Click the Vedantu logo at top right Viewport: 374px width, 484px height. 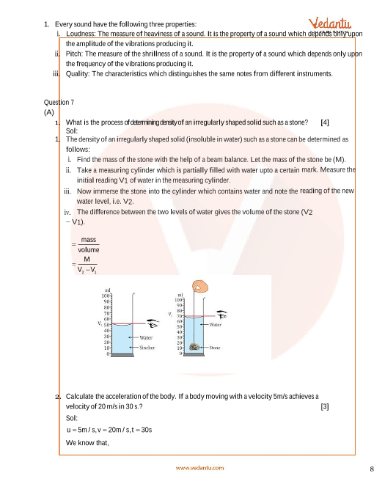(329, 24)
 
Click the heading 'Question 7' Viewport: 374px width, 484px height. (59, 102)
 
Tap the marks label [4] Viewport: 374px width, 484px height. (325, 122)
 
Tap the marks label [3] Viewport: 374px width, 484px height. (325, 406)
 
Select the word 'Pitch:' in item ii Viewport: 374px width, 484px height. (74, 54)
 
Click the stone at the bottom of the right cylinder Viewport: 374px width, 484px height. (194, 347)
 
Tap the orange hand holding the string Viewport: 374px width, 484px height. (200, 286)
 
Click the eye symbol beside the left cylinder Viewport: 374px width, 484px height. (153, 324)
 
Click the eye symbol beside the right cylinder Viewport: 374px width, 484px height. (221, 315)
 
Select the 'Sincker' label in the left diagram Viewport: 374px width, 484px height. (147, 348)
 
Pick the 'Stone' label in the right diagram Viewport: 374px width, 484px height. (215, 348)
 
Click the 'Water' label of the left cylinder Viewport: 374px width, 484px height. (146, 337)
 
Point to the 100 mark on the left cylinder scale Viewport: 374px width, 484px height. (106, 296)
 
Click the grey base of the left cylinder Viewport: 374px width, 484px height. (122, 355)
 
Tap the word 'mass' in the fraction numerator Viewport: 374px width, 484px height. (89, 240)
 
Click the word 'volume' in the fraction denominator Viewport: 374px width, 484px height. (89, 250)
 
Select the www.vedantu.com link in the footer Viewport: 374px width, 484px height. (200, 468)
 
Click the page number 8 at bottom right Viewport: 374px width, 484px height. (372, 469)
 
